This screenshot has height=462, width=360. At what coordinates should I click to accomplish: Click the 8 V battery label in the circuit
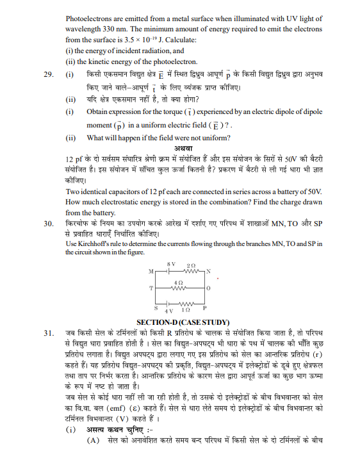170,264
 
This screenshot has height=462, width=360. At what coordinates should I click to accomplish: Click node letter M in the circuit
151,272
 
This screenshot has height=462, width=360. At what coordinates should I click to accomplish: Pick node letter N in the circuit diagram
208,272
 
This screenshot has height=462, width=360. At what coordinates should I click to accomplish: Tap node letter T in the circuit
151,289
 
